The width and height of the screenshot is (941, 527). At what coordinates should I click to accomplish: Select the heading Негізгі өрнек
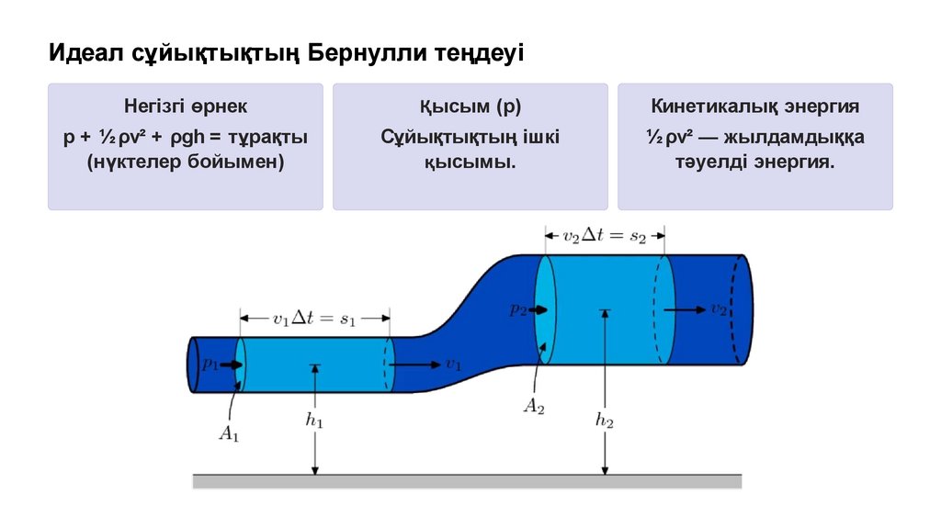[x=186, y=107]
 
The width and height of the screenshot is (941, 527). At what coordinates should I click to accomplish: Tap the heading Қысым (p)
[x=470, y=107]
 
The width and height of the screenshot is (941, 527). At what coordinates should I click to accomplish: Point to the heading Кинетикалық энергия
[x=754, y=107]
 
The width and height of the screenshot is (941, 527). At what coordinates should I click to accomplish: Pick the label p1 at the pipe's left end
[x=210, y=364]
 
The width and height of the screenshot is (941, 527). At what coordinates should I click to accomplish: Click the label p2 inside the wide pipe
[x=518, y=309]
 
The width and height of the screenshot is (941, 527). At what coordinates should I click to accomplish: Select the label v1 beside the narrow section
[x=453, y=364]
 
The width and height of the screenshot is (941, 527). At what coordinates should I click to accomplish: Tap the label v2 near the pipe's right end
[x=719, y=309]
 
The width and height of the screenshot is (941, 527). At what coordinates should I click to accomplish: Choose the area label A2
[x=534, y=407]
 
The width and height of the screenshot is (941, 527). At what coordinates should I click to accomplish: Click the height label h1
[x=314, y=420]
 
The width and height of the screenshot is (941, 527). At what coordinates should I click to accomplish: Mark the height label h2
[x=604, y=420]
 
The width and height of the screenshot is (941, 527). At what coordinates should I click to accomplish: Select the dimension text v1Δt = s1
[x=314, y=320]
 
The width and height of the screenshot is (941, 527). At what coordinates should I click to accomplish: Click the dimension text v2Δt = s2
[x=605, y=235]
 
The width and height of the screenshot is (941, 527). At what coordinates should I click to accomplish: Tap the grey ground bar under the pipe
[x=467, y=480]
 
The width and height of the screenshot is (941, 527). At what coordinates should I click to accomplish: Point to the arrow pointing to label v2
[x=685, y=309]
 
